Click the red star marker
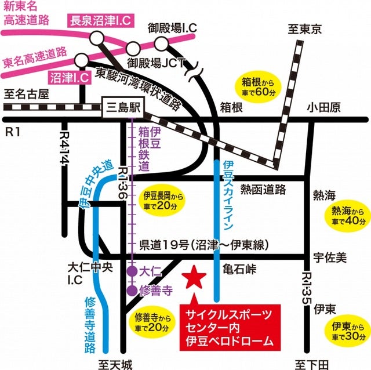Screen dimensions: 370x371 pos(193,278)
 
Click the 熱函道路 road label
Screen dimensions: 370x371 pos(263,188)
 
